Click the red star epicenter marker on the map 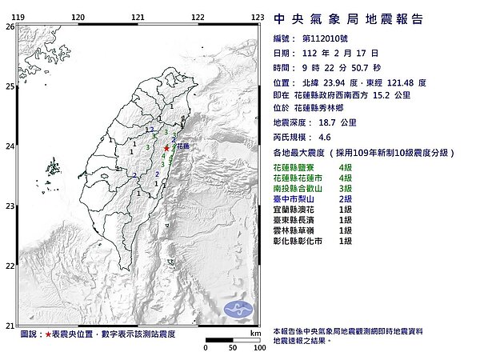pyautogui.click(x=166, y=148)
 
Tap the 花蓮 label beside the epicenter pyautogui.click(x=183, y=146)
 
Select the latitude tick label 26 pyautogui.click(x=10, y=26)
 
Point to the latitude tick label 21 pyautogui.click(x=10, y=325)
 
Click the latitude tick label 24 pyautogui.click(x=10, y=146)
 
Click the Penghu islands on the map pyautogui.click(x=53, y=170)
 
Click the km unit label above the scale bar pyautogui.click(x=255, y=333)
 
